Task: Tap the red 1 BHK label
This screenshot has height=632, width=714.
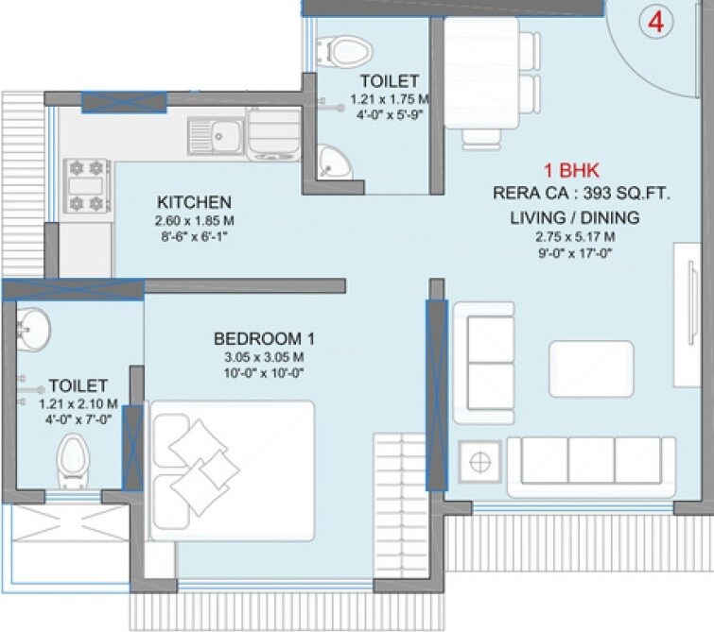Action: tap(567, 171)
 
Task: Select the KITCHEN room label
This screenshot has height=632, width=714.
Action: tap(194, 202)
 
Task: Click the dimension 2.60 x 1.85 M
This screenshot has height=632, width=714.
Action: tap(195, 221)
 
